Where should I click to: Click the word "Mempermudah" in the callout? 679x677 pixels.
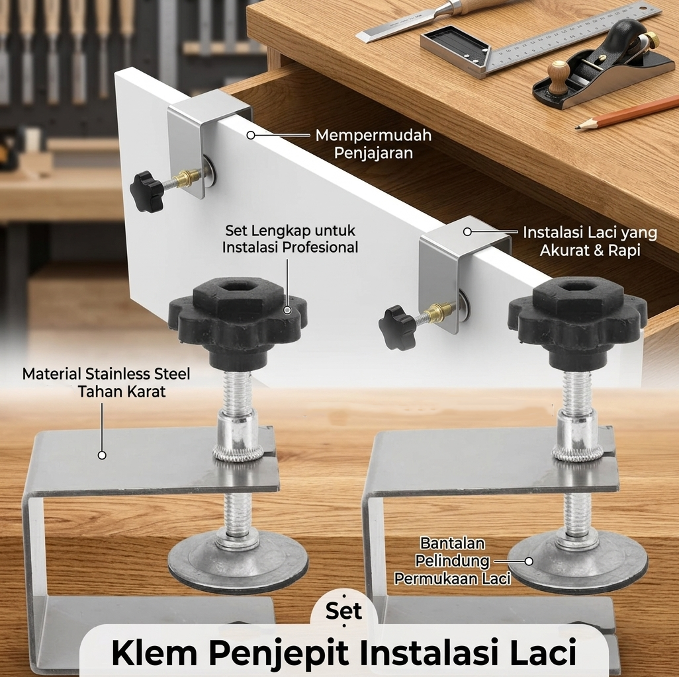click(x=373, y=136)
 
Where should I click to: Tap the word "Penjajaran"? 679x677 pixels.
click(x=373, y=153)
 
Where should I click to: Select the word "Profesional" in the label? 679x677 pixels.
click(x=320, y=247)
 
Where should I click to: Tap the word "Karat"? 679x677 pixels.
click(x=146, y=391)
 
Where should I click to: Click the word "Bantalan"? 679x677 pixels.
click(x=453, y=543)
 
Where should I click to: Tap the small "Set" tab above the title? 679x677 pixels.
click(x=343, y=610)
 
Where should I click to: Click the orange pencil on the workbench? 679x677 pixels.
click(x=627, y=113)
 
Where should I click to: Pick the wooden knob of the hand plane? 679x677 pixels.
click(x=558, y=75)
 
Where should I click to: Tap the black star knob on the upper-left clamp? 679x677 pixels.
click(x=147, y=191)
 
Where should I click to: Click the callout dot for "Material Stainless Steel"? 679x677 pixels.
click(x=102, y=455)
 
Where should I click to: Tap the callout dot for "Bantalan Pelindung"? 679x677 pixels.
click(x=529, y=561)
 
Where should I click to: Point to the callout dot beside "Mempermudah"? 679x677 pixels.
click(x=251, y=136)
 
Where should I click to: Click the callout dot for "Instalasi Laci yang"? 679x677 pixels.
click(x=467, y=232)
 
